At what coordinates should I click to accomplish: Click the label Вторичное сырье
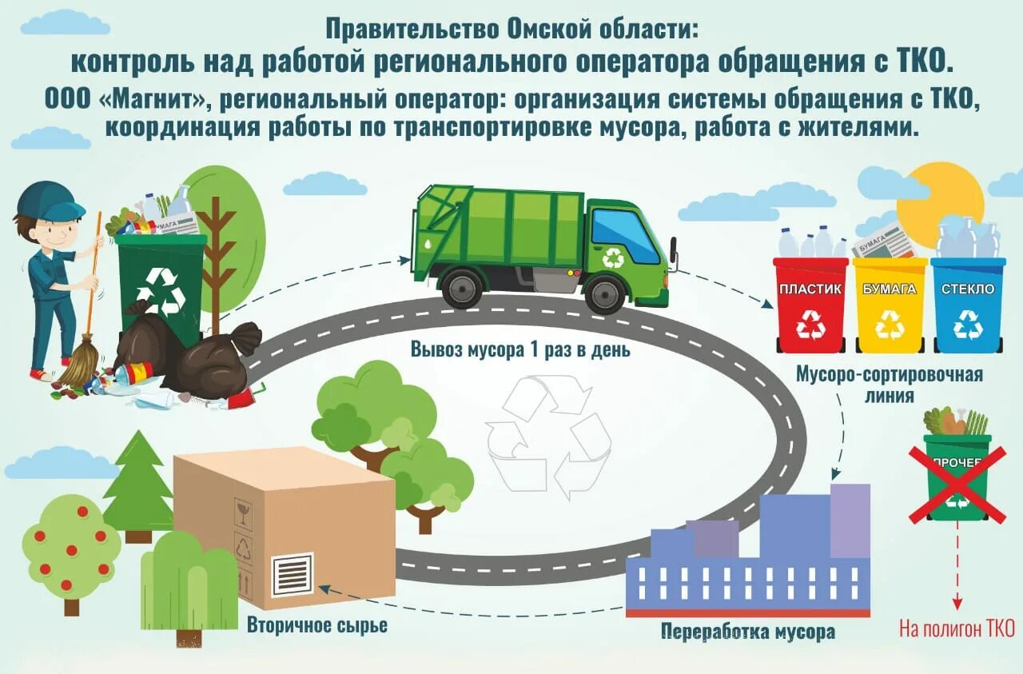(317, 625)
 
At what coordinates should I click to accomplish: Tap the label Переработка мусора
(748, 632)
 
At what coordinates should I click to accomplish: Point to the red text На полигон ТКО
(956, 628)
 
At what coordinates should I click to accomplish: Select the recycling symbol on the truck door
(614, 257)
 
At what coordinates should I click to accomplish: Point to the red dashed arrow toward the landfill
(957, 568)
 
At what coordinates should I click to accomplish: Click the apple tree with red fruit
(70, 548)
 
